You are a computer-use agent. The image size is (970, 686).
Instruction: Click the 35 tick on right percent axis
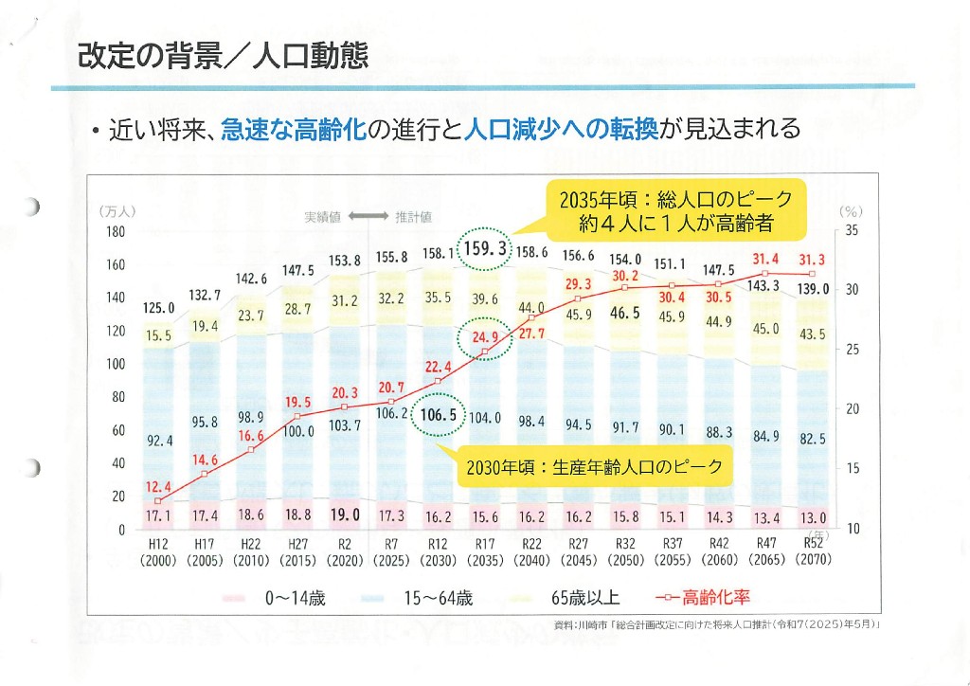click(x=851, y=230)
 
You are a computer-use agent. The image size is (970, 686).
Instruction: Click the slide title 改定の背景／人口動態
click(x=223, y=54)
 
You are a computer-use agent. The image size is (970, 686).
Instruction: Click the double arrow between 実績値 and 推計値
click(x=368, y=217)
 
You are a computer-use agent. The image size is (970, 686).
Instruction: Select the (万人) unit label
click(x=117, y=212)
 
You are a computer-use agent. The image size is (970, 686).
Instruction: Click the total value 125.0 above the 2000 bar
click(x=159, y=308)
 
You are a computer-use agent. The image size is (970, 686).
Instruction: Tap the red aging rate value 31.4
click(x=765, y=259)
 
